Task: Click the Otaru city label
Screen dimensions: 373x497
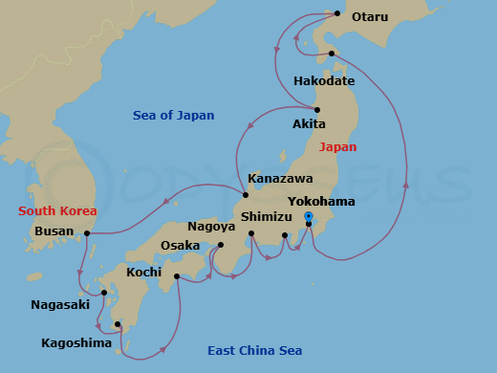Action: [370, 17]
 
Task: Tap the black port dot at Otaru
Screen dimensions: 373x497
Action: [337, 13]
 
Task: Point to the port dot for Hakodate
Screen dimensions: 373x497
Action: [331, 54]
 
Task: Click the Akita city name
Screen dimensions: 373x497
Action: [311, 123]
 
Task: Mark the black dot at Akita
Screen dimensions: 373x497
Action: [317, 110]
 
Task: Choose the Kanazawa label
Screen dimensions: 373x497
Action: [280, 179]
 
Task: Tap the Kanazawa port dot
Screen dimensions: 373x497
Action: [247, 195]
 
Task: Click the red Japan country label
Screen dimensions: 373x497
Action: [338, 147]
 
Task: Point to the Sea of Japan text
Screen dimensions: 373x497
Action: [173, 116]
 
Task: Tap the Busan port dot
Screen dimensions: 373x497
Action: [87, 232]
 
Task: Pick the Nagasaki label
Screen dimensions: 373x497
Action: [58, 305]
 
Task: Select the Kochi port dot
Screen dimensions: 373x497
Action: [178, 276]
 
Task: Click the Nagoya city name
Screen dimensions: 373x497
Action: [211, 227]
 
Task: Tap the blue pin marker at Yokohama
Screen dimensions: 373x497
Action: [308, 218]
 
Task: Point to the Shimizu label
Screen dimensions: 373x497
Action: [266, 217]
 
